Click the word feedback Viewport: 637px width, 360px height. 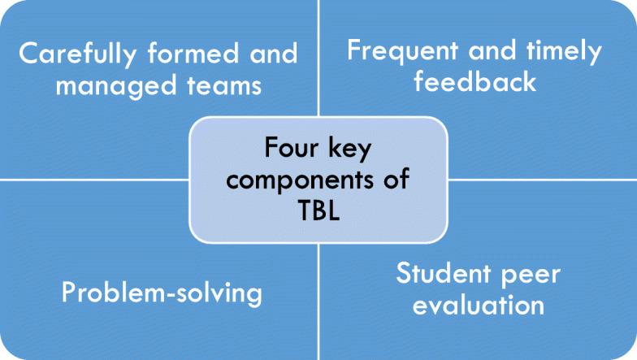pos(475,81)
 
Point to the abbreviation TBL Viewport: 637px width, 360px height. pos(318,209)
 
